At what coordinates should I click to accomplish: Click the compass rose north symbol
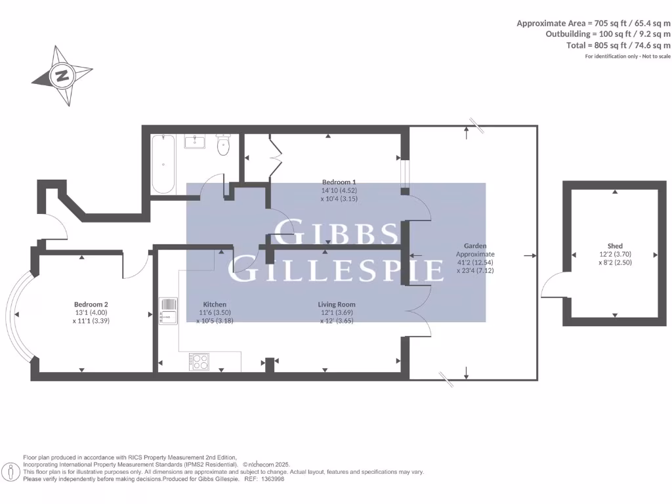pyautogui.click(x=62, y=75)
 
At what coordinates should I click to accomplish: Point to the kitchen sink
pyautogui.click(x=168, y=310)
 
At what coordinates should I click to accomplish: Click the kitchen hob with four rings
pyautogui.click(x=199, y=362)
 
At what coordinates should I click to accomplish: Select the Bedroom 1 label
pyautogui.click(x=339, y=182)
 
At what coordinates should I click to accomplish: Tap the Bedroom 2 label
pyautogui.click(x=91, y=304)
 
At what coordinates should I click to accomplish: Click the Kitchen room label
pyautogui.click(x=215, y=304)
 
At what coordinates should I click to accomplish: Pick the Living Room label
pyautogui.click(x=337, y=304)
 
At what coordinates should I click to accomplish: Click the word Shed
pyautogui.click(x=615, y=246)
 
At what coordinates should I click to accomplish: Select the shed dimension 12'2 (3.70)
pyautogui.click(x=615, y=254)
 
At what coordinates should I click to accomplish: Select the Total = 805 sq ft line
pyautogui.click(x=618, y=45)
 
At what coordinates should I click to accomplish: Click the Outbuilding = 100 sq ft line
pyautogui.click(x=608, y=34)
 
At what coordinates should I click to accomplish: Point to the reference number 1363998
pyautogui.click(x=272, y=479)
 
